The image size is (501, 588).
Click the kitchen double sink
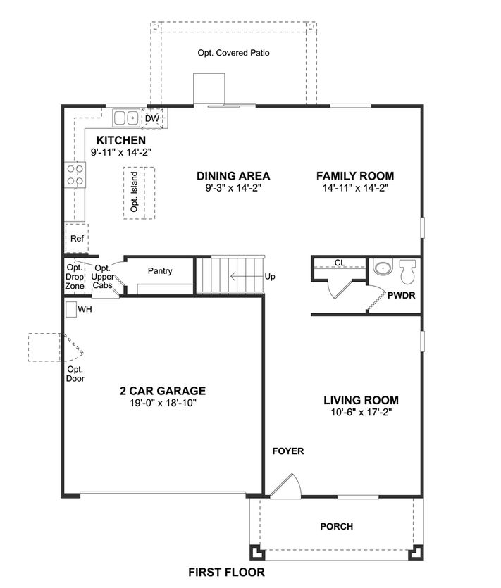[x=126, y=118]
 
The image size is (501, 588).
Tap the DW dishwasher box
[x=152, y=118]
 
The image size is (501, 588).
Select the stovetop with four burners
[x=75, y=175]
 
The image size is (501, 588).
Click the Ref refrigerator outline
[x=77, y=239]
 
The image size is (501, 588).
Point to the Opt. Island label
[x=134, y=192]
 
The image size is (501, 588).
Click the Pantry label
[x=160, y=270]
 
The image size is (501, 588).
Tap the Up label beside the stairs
[x=270, y=276]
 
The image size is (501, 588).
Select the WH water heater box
[x=71, y=309]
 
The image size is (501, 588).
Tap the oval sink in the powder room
[x=383, y=268]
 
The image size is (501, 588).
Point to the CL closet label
[x=340, y=263]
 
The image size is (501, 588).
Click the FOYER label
[x=287, y=451]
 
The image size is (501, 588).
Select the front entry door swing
[x=287, y=486]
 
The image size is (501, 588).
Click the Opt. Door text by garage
[x=75, y=374]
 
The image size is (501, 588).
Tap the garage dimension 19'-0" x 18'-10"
[x=163, y=403]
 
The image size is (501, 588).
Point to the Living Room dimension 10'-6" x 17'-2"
[x=361, y=412]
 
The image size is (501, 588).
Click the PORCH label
[x=337, y=527]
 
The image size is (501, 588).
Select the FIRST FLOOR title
[x=226, y=573]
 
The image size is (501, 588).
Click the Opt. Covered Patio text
[x=233, y=53]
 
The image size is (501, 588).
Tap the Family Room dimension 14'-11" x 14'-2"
[x=355, y=188]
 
